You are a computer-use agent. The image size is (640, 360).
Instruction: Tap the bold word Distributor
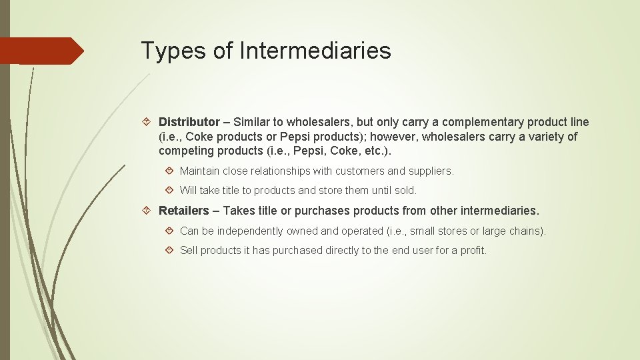pos(189,122)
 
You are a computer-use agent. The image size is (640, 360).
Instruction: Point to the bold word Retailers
pos(183,211)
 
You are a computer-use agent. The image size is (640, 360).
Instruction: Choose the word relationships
pos(287,171)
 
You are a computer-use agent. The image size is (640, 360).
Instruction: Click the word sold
pos(404,191)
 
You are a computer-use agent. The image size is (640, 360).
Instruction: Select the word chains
pos(529,231)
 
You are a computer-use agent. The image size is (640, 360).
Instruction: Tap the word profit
pos(473,251)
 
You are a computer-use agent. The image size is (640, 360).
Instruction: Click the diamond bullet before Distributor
pos(149,122)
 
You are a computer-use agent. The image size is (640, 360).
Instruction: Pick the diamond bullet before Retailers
pos(149,211)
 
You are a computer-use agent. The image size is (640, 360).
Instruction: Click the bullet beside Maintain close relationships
pos(170,171)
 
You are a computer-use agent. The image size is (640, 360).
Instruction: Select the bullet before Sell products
pos(170,251)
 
